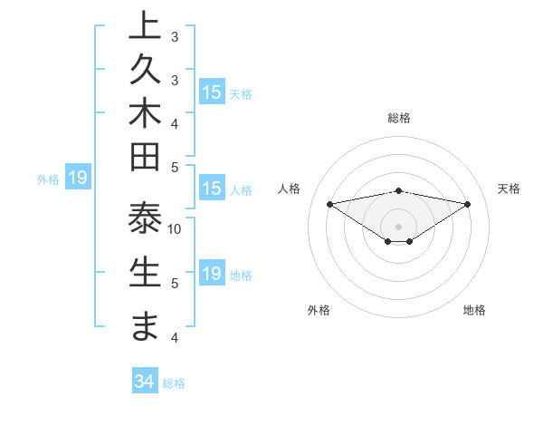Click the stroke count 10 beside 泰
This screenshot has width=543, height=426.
(175, 228)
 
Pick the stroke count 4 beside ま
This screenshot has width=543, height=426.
(175, 338)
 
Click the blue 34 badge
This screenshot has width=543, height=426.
(144, 382)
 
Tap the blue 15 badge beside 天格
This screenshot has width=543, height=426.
(212, 92)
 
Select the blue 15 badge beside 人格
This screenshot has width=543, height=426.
(212, 189)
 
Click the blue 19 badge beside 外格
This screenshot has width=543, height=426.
(77, 179)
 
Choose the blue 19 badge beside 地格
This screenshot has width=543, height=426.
(212, 274)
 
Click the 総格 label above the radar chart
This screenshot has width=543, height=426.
(399, 118)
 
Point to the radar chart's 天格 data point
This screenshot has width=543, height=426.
(468, 204)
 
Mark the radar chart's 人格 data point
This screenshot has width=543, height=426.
(329, 203)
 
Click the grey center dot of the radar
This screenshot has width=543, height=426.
(399, 226)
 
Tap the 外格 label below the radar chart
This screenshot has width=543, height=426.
(319, 310)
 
